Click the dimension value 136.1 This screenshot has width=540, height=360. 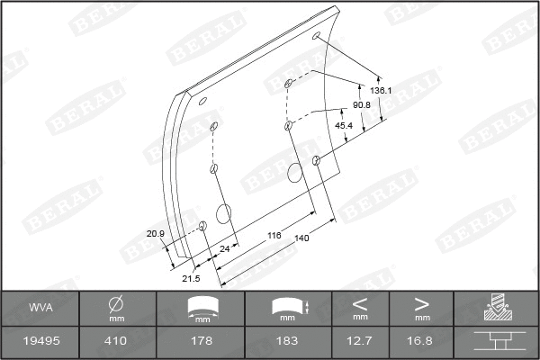click(x=380, y=91)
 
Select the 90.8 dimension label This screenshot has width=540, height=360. click(x=362, y=105)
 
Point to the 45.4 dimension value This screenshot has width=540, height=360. click(x=344, y=125)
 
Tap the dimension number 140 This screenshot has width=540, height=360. click(x=301, y=238)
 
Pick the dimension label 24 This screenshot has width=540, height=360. click(x=225, y=247)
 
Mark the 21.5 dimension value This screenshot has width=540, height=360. click(x=191, y=278)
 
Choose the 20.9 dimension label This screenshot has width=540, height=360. click(x=156, y=234)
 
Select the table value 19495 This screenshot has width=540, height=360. click(x=40, y=340)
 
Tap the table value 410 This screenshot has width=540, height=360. click(x=116, y=340)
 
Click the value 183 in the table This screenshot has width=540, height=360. click(x=287, y=340)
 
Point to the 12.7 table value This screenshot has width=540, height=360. click(x=360, y=340)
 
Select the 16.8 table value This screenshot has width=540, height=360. click(x=421, y=340)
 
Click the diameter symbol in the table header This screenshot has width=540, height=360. click(x=116, y=302)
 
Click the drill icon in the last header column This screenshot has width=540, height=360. click(x=496, y=308)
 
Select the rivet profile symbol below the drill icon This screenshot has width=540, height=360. click(x=496, y=340)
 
